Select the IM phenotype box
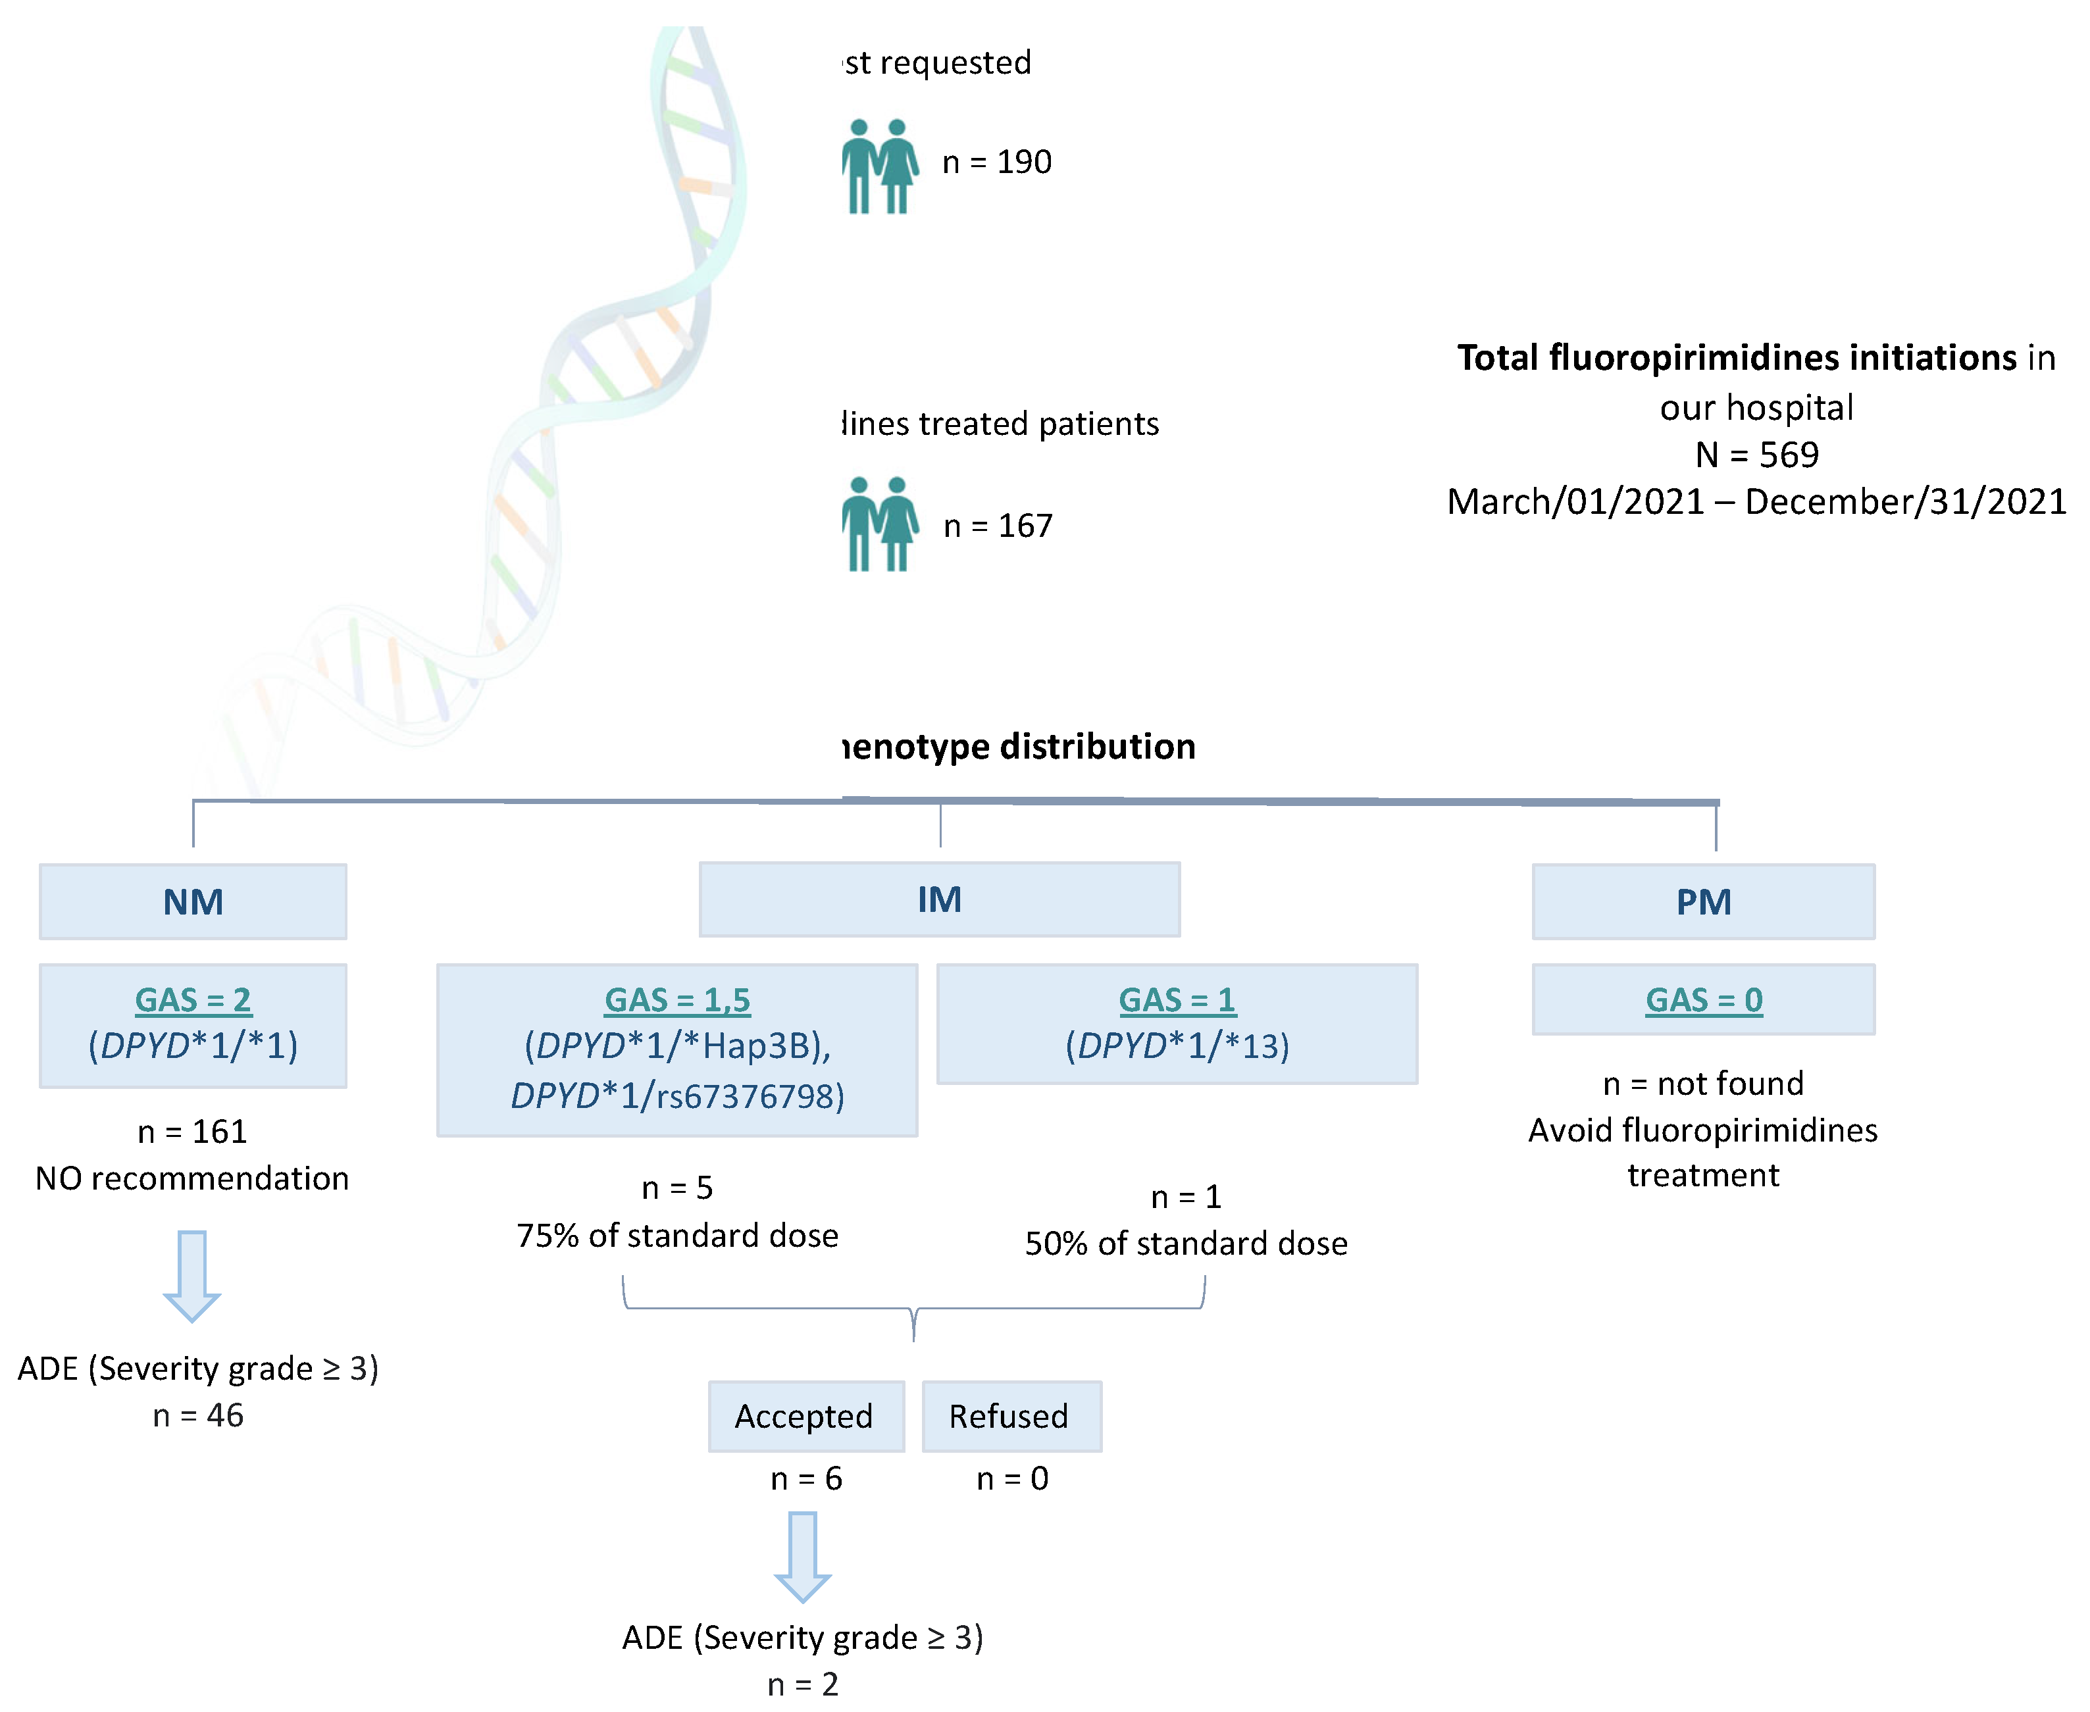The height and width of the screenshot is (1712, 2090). click(939, 899)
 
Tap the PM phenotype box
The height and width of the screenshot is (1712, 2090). click(1702, 901)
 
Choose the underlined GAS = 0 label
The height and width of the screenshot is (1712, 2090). click(1702, 1000)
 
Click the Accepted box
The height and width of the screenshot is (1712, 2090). click(805, 1416)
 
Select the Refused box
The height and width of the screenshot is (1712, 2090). click(1010, 1416)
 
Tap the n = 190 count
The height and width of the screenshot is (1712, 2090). click(996, 162)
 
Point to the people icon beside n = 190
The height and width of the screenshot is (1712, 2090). click(879, 166)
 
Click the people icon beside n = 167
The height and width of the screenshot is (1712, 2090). click(879, 524)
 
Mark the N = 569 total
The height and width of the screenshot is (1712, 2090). click(1756, 455)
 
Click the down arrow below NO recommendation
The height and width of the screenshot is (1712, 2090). click(191, 1275)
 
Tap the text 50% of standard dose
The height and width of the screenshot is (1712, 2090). click(1186, 1244)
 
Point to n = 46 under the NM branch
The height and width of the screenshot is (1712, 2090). click(197, 1416)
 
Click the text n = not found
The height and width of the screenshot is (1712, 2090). click(1702, 1084)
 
